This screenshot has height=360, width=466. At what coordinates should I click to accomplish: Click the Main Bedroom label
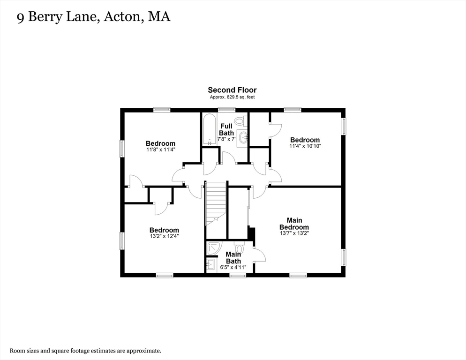pyautogui.click(x=294, y=224)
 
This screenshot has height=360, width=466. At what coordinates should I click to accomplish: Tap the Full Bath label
pyautogui.click(x=226, y=130)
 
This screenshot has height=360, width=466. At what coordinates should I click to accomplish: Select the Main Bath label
pyautogui.click(x=233, y=258)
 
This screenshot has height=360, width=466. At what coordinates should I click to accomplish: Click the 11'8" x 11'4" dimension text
pyautogui.click(x=160, y=150)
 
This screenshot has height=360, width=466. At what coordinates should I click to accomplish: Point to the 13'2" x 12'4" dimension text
pyautogui.click(x=164, y=236)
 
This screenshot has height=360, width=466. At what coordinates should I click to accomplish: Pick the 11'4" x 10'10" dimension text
pyautogui.click(x=305, y=146)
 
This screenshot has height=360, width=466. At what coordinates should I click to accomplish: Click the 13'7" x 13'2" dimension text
pyautogui.click(x=294, y=233)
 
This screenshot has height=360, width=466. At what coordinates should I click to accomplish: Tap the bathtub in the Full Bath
pyautogui.click(x=210, y=129)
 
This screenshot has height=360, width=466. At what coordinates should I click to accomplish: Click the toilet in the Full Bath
pyautogui.click(x=239, y=120)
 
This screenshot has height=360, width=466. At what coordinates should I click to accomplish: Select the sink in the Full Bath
pyautogui.click(x=242, y=138)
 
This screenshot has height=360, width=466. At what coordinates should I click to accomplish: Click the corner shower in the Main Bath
pyautogui.click(x=214, y=248)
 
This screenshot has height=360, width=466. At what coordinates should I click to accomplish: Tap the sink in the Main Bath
pyautogui.click(x=211, y=264)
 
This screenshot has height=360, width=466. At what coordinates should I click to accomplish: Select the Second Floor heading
pyautogui.click(x=232, y=90)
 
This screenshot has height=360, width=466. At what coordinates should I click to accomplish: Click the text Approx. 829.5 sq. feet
pyautogui.click(x=232, y=97)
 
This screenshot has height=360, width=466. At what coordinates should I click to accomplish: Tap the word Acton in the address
pyautogui.click(x=121, y=16)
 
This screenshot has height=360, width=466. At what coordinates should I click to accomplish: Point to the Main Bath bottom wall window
pyautogui.click(x=238, y=276)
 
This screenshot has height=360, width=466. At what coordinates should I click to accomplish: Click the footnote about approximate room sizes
pyautogui.click(x=86, y=351)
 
